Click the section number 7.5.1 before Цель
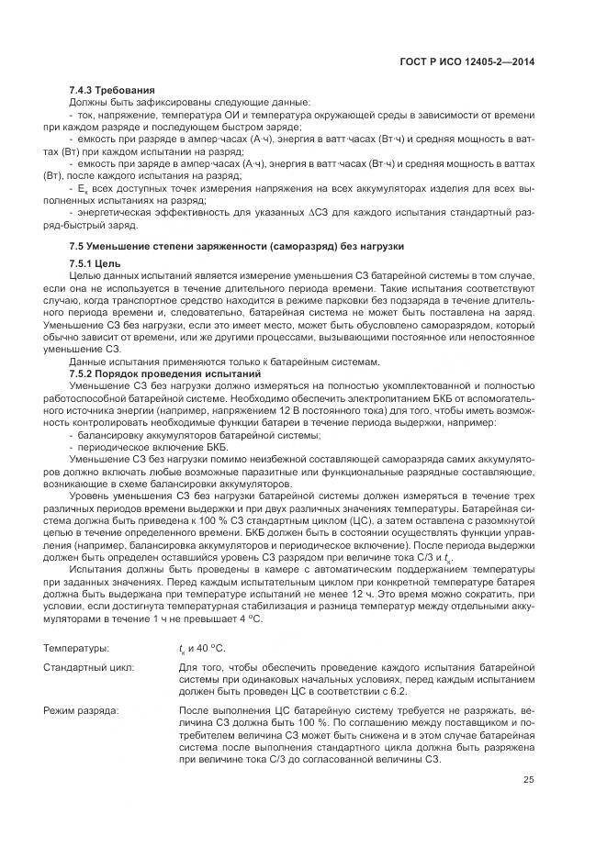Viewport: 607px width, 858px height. pyautogui.click(x=87, y=263)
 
